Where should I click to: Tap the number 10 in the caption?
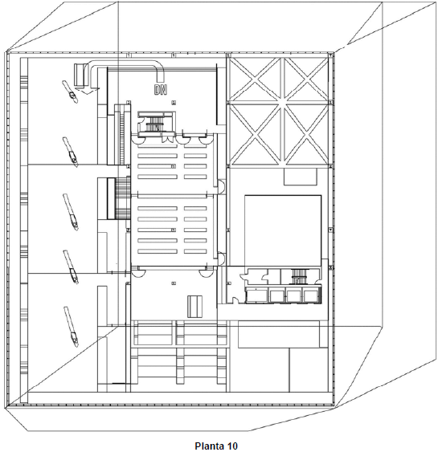pos(232,446)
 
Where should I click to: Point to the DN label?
pos(161,90)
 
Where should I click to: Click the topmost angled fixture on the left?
pos(70,92)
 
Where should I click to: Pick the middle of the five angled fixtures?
pos(71,212)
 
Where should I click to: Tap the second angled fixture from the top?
pos(71,152)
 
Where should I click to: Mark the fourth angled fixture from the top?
pos(71,267)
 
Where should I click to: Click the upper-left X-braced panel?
pos(256,79)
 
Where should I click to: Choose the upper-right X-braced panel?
pos(306,79)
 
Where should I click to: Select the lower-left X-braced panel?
pos(256,134)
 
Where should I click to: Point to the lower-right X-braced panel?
pos(306,134)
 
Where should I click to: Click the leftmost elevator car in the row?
pos(256,295)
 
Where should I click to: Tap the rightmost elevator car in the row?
pos(311,295)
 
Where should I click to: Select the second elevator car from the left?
pos(277,295)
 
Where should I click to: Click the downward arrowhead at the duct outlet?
pos(87,91)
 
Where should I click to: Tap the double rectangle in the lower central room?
pos(194,306)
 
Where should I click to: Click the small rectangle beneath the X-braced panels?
pos(301,177)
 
